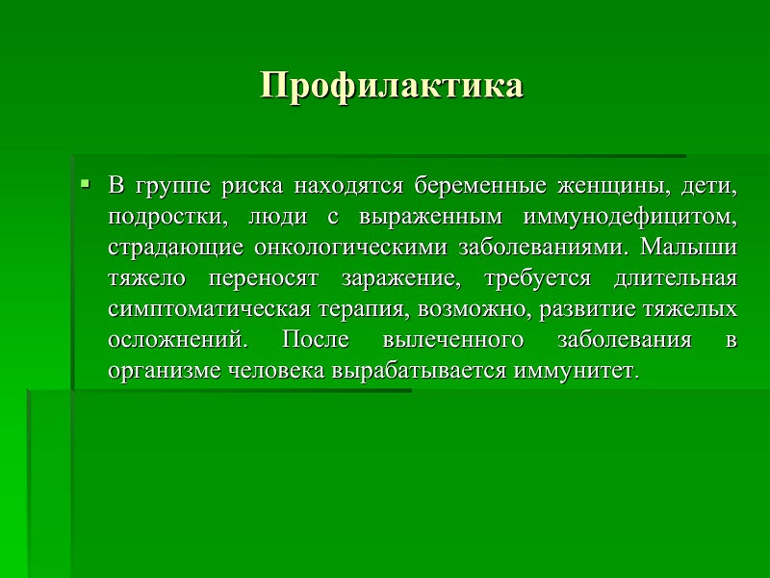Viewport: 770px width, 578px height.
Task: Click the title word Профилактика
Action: pyautogui.click(x=392, y=86)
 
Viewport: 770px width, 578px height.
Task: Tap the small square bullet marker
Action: pyautogui.click(x=86, y=184)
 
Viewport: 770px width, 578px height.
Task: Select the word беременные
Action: pyautogui.click(x=480, y=186)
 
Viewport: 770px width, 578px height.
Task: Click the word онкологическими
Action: pyautogui.click(x=350, y=248)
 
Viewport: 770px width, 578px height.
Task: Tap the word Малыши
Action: pyautogui.click(x=688, y=247)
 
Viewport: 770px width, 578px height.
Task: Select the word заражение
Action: pyautogui.click(x=401, y=278)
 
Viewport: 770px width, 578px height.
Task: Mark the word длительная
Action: pyautogui.click(x=676, y=278)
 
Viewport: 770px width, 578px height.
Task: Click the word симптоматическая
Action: pyautogui.click(x=209, y=309)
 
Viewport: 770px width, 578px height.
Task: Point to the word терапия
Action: pyautogui.click(x=365, y=309)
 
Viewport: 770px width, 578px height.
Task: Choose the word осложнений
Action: pyautogui.click(x=178, y=340)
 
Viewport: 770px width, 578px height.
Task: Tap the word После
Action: pyautogui.click(x=316, y=340)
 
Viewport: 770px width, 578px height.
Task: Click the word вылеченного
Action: pyautogui.click(x=452, y=340)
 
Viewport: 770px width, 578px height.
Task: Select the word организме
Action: pyautogui.click(x=164, y=371)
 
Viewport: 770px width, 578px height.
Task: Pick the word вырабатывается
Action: pyautogui.click(x=419, y=371)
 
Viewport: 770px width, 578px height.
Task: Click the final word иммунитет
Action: pyautogui.click(x=577, y=371)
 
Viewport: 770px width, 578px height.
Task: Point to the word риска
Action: pyautogui.click(x=252, y=187)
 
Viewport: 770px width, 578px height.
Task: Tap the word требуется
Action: pyautogui.click(x=538, y=278)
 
